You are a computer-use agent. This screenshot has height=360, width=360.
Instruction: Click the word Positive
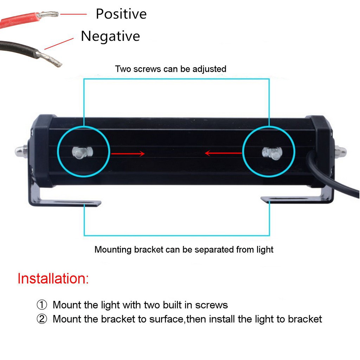point(121,14)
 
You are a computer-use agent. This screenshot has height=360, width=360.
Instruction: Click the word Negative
point(110,36)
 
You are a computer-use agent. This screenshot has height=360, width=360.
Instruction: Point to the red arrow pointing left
point(223,153)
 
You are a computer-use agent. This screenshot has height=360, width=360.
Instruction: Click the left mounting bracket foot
point(70,203)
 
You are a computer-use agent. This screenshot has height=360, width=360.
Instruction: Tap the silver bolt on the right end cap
point(340,152)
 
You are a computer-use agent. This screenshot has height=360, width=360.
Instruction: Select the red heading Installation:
point(53,278)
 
